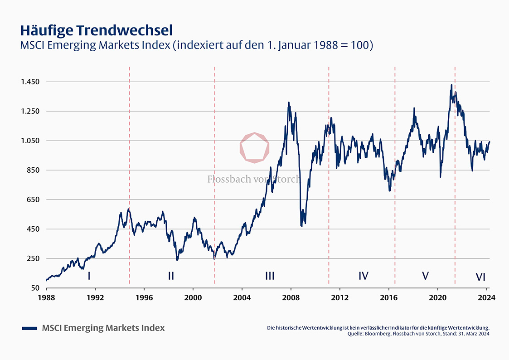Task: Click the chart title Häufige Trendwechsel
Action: (96, 30)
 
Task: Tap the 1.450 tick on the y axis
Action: (30, 82)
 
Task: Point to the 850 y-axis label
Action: (34, 170)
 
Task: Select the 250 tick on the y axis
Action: (34, 258)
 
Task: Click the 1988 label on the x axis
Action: (46, 298)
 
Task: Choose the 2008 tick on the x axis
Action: (291, 298)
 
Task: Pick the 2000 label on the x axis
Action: (193, 298)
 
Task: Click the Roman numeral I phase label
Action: (89, 276)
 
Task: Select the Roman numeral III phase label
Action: (270, 276)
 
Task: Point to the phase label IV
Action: (363, 276)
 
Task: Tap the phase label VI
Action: (480, 277)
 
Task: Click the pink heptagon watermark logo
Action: (255, 147)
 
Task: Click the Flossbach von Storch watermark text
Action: (253, 179)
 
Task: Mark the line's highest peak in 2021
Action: (451, 85)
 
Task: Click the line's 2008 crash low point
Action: (301, 225)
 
